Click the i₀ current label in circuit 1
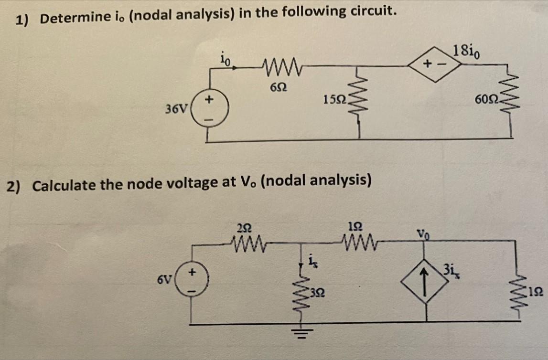point(225,60)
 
